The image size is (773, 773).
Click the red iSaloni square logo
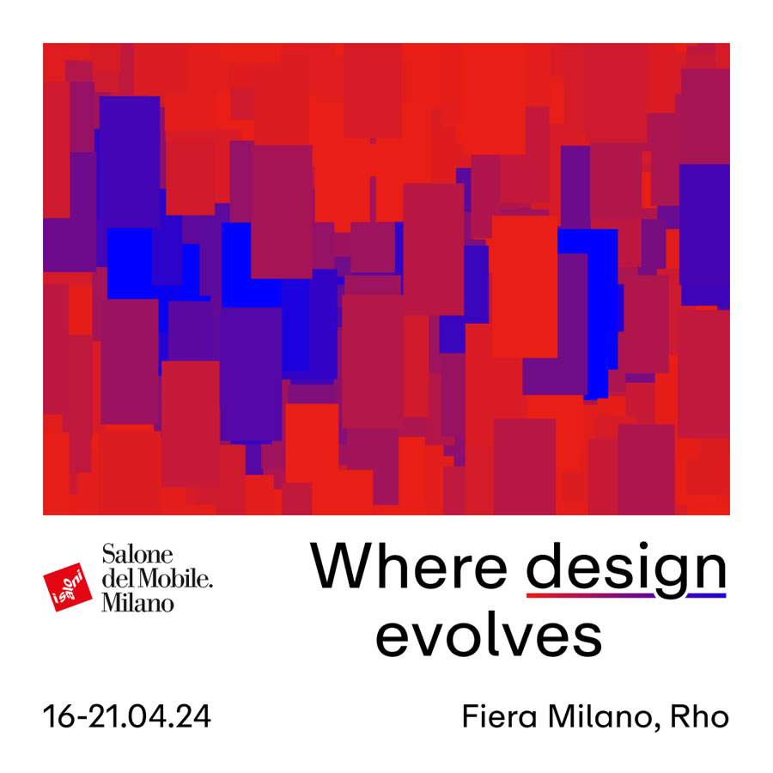point(68,587)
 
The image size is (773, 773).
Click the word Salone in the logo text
point(137,555)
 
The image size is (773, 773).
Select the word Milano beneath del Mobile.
point(138,602)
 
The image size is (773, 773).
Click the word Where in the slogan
point(409,565)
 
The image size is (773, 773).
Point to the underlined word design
point(626,569)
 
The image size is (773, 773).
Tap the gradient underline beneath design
point(626,595)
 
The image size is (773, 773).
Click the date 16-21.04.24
point(127,716)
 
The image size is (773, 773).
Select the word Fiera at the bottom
point(500,716)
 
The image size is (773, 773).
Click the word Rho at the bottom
point(699,716)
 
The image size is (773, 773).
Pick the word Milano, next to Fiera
point(604,717)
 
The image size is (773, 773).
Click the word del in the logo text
point(116,578)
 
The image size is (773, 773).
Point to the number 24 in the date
point(194,716)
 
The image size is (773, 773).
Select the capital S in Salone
point(108,555)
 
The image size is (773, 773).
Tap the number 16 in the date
point(58,716)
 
